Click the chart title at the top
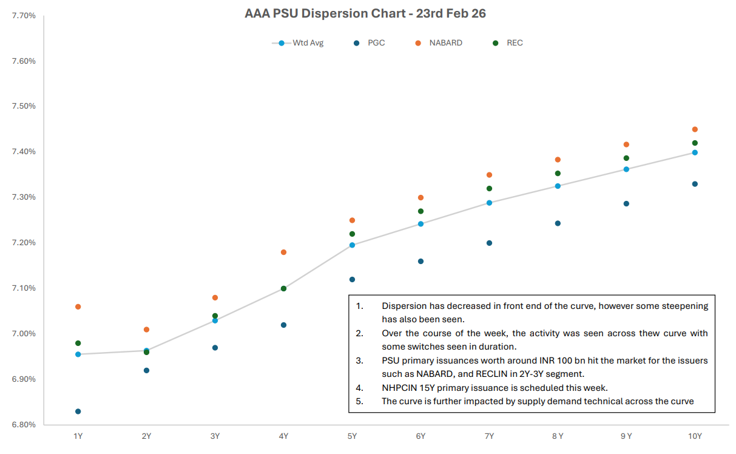(365, 13)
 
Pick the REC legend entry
(515, 43)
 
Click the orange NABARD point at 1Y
(78, 307)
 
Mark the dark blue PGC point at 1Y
(78, 412)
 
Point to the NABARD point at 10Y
(695, 129)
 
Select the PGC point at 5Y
(352, 280)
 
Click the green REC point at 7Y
(489, 189)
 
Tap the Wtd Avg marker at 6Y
(420, 224)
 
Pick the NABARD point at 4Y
(283, 252)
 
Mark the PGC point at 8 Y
(558, 223)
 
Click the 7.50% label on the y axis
(24, 106)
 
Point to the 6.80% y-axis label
(24, 425)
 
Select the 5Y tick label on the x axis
(352, 436)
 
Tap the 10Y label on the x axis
(695, 436)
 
